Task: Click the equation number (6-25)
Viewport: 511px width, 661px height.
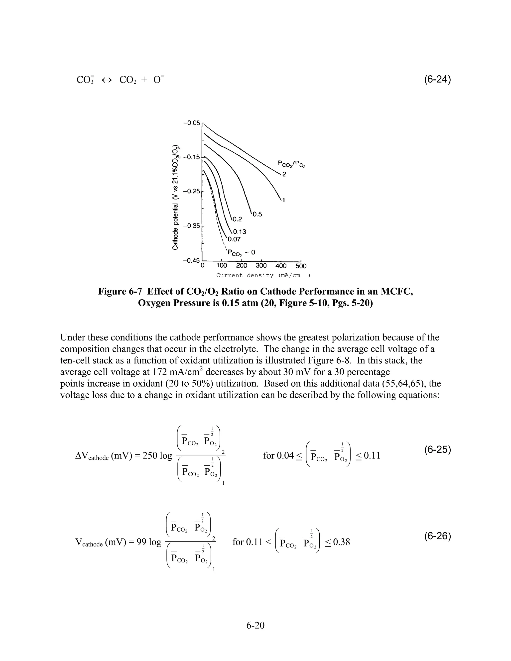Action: [437, 450]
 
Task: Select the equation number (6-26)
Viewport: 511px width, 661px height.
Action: [437, 536]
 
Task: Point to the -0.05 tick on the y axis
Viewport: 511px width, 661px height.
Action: [192, 123]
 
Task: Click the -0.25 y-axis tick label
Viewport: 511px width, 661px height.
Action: [192, 192]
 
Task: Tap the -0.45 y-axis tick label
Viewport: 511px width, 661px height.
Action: [192, 261]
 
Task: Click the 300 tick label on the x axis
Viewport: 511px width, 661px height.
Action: [261, 266]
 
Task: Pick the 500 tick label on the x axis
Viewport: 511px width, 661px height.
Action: [301, 266]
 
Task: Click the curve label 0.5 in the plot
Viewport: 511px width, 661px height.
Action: [257, 215]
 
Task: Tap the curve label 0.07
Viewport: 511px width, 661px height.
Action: [234, 239]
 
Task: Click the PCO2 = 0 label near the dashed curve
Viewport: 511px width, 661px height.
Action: [241, 252]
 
